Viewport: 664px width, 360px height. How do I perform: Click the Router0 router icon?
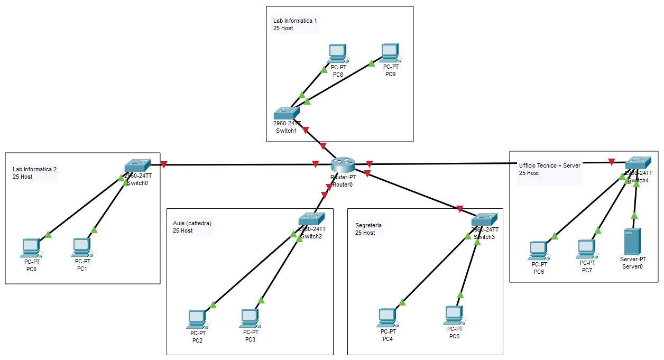tap(343, 165)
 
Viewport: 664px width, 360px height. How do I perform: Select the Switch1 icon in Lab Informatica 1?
tap(287, 113)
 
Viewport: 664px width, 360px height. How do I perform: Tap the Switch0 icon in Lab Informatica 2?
tap(137, 165)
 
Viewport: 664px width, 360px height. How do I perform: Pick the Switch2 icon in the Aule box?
tap(311, 219)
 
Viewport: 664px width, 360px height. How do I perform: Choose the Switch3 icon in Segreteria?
tap(484, 219)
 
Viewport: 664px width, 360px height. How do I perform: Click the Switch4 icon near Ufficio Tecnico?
tap(638, 163)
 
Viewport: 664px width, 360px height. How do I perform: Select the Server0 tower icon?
tap(633, 241)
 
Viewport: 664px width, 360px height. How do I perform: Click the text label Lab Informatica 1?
tap(295, 21)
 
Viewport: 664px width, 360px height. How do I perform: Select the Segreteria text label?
tap(368, 225)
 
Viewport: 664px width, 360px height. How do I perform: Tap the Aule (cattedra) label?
tap(192, 223)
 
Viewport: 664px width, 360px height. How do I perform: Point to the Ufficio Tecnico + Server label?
tap(549, 165)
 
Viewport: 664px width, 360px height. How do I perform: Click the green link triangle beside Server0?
tap(634, 215)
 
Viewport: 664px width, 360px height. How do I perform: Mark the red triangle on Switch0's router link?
tap(164, 164)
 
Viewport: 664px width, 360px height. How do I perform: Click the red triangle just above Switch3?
tap(460, 209)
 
